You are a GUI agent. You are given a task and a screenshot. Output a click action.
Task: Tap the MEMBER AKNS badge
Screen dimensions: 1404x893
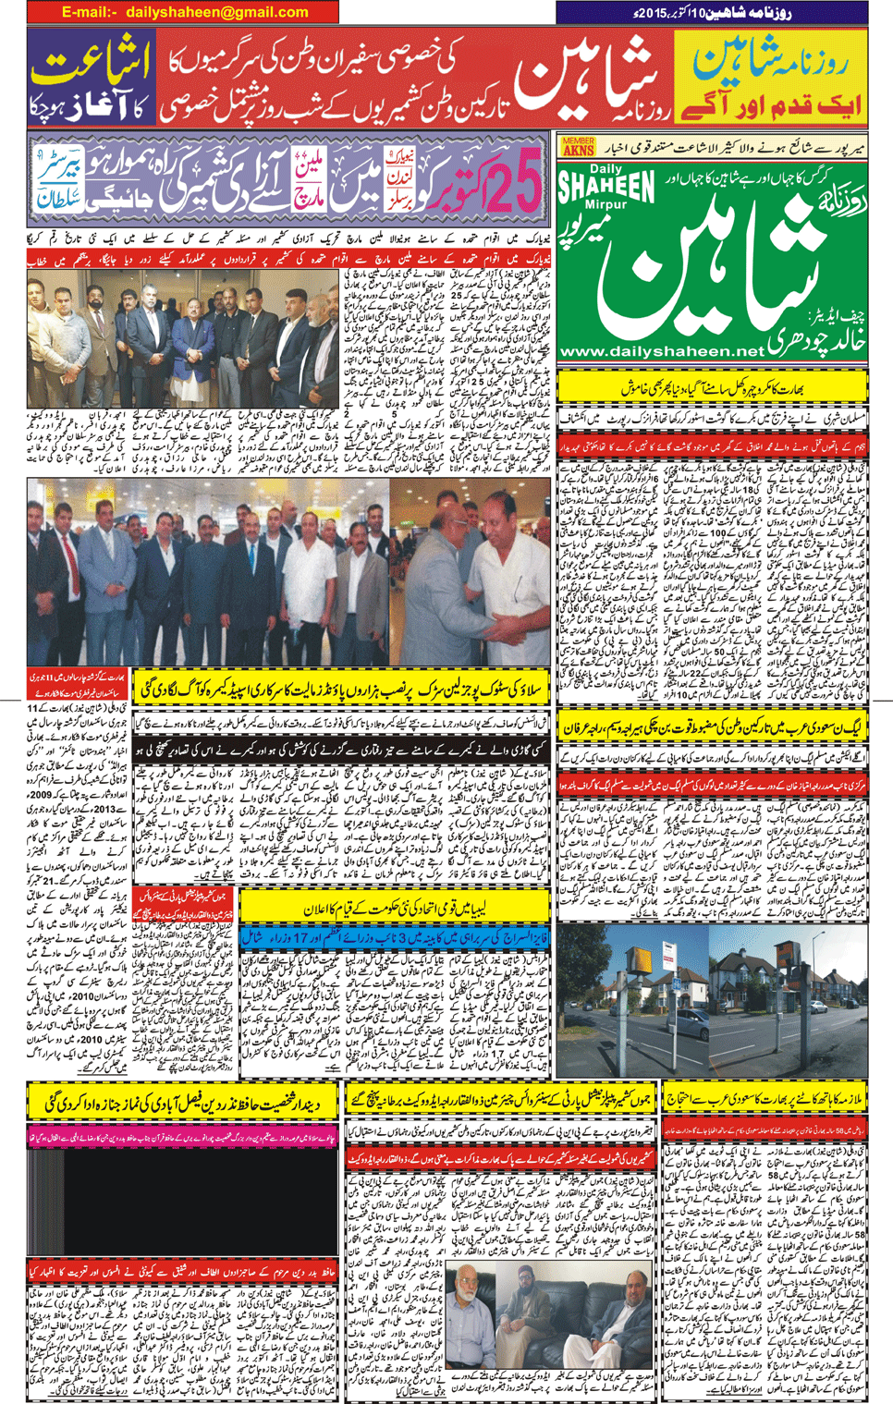pyautogui.click(x=578, y=146)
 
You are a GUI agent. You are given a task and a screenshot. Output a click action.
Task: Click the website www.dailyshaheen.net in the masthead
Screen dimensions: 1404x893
pyautogui.click(x=662, y=351)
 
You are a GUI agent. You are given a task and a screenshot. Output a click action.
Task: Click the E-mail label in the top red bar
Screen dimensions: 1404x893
pyautogui.click(x=89, y=12)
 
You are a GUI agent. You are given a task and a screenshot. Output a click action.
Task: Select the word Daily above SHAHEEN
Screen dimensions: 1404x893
pyautogui.click(x=606, y=169)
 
